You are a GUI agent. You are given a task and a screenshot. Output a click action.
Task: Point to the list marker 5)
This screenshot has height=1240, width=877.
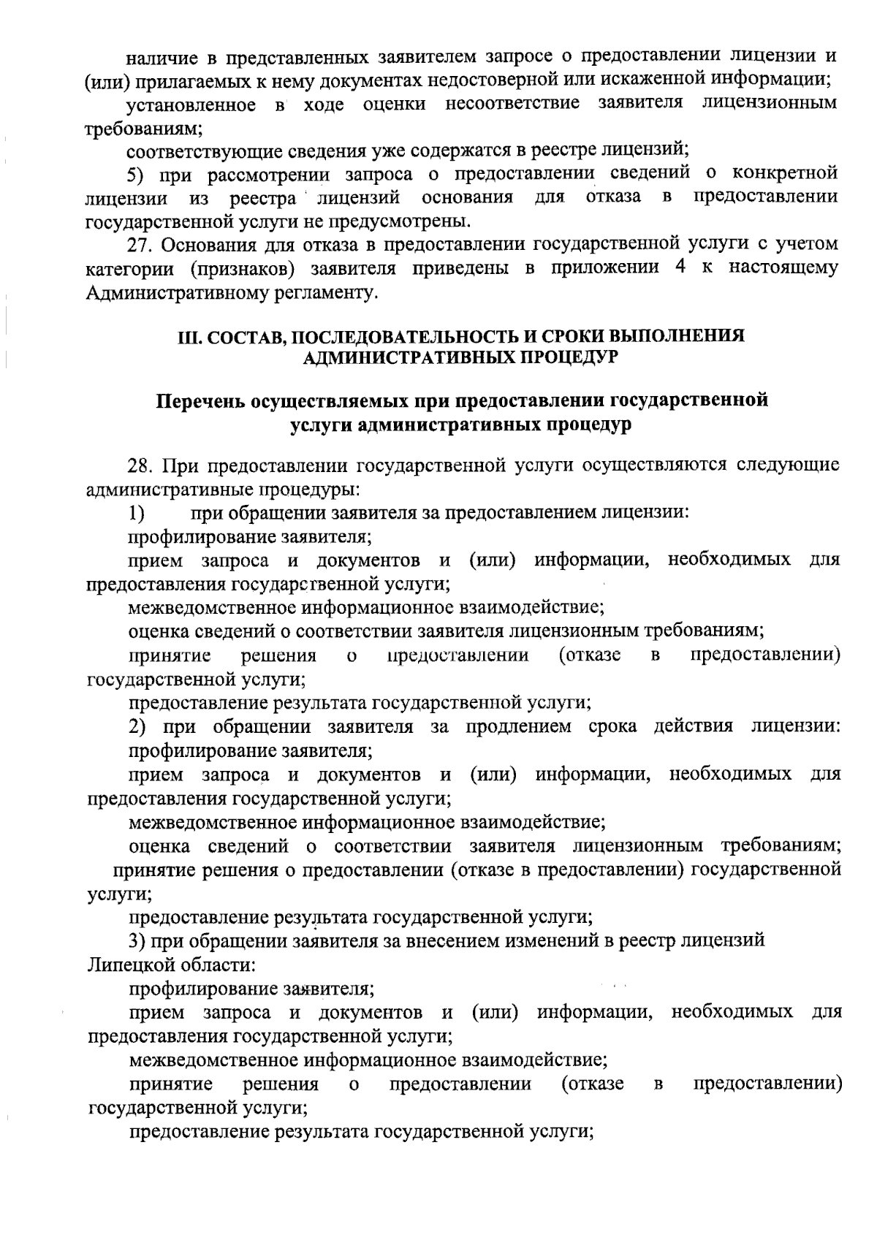coord(138,174)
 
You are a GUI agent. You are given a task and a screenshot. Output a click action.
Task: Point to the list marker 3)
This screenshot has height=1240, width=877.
coord(137,940)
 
